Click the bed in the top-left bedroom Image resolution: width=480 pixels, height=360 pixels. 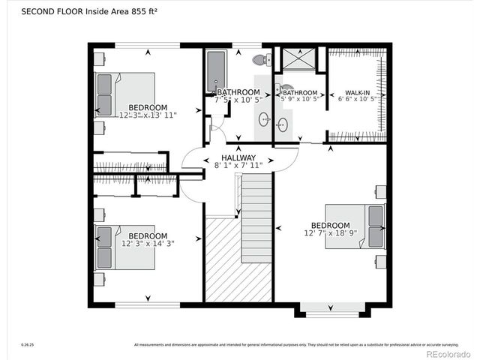124,94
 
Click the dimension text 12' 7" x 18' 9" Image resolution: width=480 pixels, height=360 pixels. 330,234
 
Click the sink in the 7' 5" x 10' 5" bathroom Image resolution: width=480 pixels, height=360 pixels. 264,118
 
